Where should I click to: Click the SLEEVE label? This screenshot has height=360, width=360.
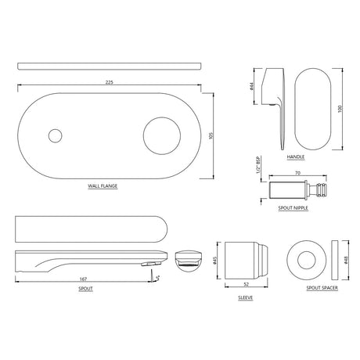point(246,299)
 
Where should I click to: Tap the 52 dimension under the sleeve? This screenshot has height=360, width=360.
point(245,285)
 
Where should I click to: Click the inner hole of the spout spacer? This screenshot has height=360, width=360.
point(305,261)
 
